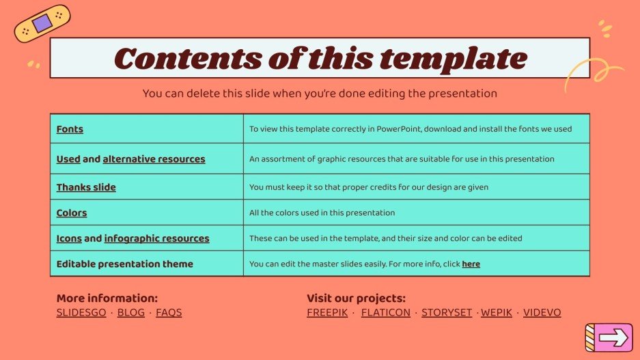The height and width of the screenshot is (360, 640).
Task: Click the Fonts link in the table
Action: [70, 129]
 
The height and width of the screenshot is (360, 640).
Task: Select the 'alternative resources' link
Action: [154, 159]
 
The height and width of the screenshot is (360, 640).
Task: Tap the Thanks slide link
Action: [86, 187]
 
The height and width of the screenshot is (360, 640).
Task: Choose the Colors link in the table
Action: [72, 212]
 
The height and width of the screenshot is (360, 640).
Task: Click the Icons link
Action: [69, 238]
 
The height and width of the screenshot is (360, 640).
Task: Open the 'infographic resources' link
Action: [156, 238]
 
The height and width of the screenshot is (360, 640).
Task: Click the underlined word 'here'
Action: [471, 264]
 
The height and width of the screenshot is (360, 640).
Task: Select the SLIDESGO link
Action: [81, 313]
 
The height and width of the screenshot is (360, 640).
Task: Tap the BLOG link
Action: [131, 313]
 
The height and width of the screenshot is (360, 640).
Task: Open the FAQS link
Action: [169, 313]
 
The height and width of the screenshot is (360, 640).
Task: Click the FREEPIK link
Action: [327, 313]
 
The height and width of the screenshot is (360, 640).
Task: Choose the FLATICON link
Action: [385, 313]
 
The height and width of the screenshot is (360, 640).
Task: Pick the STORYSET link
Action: [446, 313]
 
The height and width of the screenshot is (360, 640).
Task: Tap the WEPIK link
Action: [496, 313]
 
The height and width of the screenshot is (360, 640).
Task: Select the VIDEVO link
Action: [542, 313]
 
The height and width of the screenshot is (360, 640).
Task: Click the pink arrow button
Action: [613, 337]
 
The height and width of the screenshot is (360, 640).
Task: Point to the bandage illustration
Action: [42, 24]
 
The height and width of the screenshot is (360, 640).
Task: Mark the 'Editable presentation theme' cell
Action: [125, 264]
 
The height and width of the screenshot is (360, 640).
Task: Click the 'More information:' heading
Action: [107, 299]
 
